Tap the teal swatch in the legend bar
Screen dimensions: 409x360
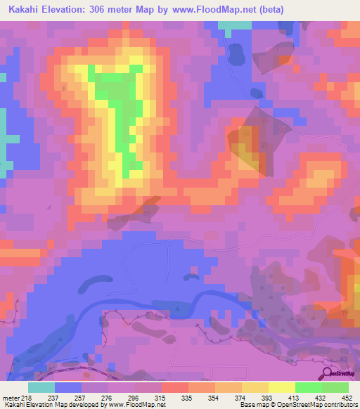click(x=41, y=387)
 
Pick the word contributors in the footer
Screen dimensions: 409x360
click(x=341, y=405)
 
